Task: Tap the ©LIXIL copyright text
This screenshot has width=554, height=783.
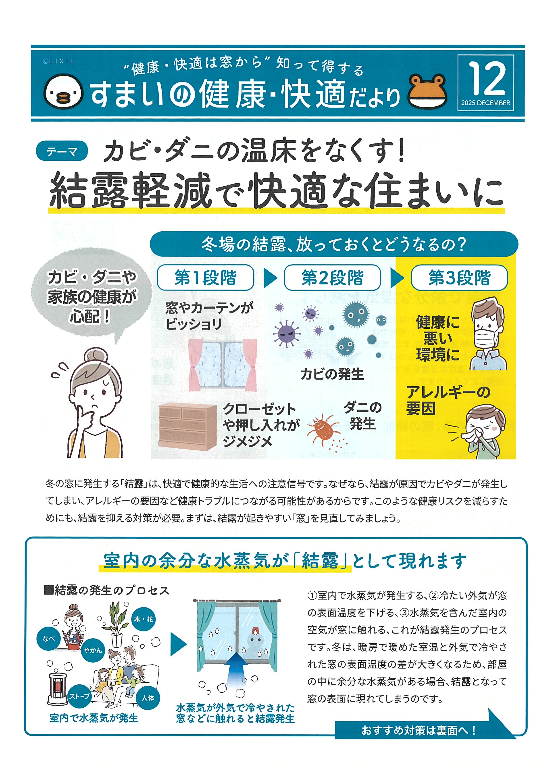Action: pyautogui.click(x=58, y=61)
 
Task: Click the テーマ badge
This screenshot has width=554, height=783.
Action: pyautogui.click(x=62, y=151)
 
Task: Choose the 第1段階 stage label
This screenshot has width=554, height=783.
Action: pyautogui.click(x=205, y=278)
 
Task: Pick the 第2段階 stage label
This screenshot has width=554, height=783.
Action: pyautogui.click(x=332, y=278)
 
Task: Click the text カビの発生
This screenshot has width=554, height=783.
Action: pyautogui.click(x=332, y=374)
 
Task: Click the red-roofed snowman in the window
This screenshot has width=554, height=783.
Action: pyautogui.click(x=255, y=639)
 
